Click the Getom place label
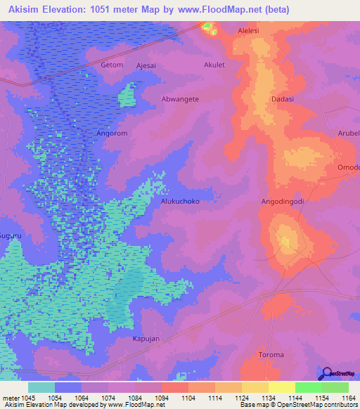[112, 65]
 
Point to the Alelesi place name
[249, 31]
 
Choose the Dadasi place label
[282, 99]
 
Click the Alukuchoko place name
[181, 201]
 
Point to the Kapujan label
[146, 338]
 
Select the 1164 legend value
[340, 398]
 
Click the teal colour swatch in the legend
[41, 387]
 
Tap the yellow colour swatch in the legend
[281, 387]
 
